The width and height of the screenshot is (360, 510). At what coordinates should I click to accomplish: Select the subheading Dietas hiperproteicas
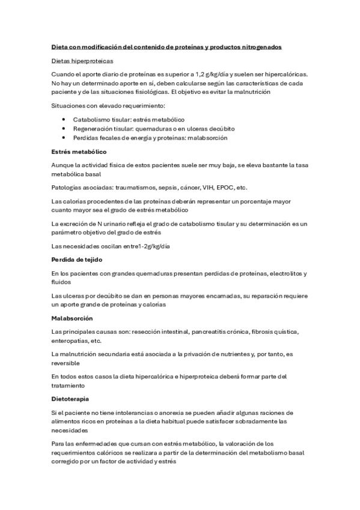81,61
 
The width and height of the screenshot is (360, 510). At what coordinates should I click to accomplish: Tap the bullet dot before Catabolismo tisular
64,120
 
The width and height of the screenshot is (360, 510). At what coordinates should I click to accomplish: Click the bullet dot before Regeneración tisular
64,129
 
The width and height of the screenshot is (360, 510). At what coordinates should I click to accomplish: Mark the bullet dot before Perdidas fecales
64,138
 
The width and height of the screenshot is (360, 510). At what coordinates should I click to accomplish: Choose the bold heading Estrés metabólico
79,152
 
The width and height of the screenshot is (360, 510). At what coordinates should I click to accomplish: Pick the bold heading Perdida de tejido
78,260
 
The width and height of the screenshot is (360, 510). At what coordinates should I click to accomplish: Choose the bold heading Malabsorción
72,318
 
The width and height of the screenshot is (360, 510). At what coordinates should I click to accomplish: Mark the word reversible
67,363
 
